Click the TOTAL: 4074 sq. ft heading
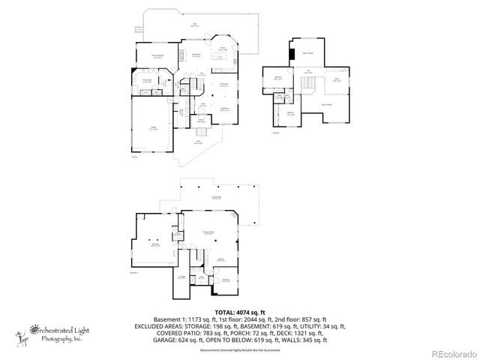click(x=240, y=312)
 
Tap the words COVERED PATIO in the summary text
click(x=160, y=333)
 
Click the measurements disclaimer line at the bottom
click(x=240, y=350)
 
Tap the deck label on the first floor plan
click(x=194, y=25)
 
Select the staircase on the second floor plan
click(x=319, y=83)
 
